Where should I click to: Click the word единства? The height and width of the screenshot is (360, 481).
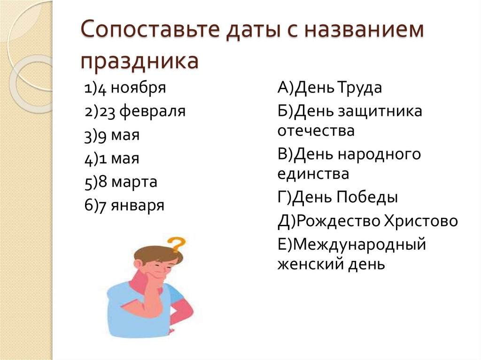[313, 174]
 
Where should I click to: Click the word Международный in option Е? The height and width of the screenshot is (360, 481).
[360, 245]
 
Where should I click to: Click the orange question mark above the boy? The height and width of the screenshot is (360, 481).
[177, 244]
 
